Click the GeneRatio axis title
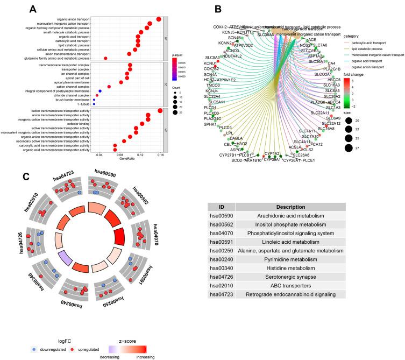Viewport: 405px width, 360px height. point(126,160)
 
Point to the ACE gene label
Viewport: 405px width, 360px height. point(311,39)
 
